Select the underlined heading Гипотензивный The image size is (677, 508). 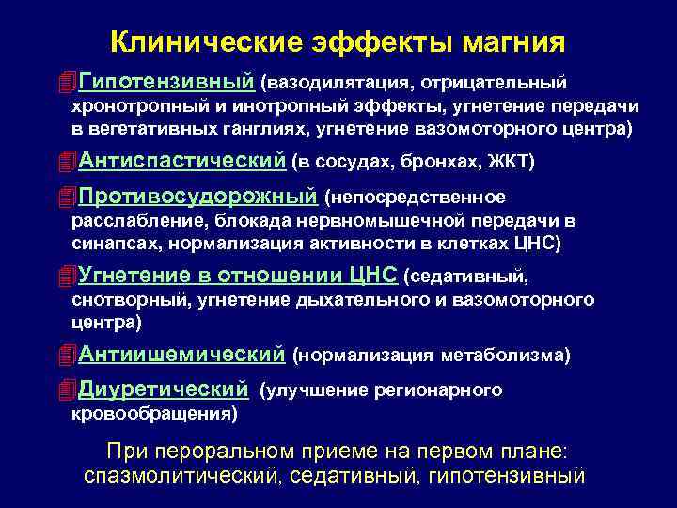pyautogui.click(x=167, y=86)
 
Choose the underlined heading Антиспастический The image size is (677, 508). pyautogui.click(x=181, y=161)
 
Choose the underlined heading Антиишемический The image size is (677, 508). pyautogui.click(x=181, y=355)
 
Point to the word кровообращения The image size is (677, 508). pyautogui.click(x=153, y=412)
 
